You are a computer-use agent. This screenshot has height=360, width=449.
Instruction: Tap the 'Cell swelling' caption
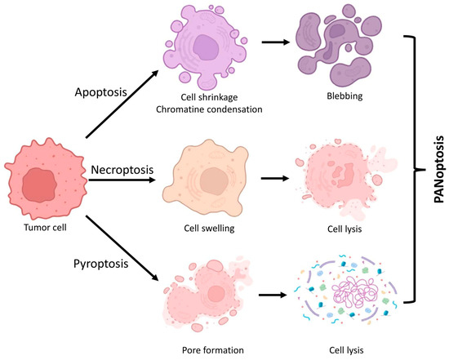coord(211,229)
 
